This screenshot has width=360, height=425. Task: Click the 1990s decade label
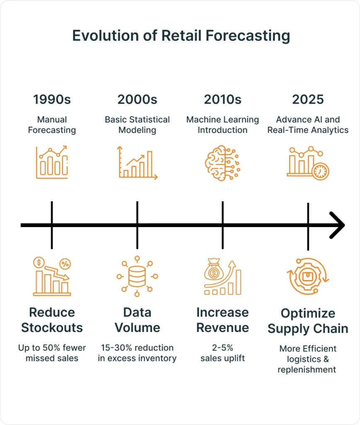[52, 100]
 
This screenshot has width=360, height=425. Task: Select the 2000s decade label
[137, 100]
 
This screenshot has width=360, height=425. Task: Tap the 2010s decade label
[223, 100]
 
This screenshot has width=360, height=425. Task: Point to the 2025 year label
[308, 100]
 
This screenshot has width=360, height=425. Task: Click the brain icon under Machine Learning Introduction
[222, 163]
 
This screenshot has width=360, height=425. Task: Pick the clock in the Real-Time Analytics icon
[320, 171]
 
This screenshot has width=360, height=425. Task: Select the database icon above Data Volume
[137, 276]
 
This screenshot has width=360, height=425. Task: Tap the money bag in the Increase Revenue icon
[214, 270]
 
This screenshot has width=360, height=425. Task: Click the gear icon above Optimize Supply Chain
[308, 276]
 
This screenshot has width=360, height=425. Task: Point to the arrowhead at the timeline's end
[338, 225]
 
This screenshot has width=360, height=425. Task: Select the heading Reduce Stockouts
[52, 320]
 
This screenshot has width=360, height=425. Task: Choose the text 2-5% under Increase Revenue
[223, 347]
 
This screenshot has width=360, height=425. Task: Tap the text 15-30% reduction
[137, 347]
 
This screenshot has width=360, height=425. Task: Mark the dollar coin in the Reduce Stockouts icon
[39, 262]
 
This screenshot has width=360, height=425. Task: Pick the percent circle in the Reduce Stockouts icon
[65, 264]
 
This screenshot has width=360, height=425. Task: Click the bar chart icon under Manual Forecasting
[52, 162]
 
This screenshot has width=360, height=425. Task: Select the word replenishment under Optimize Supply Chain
[306, 370]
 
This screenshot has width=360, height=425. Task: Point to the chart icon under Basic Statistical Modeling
[137, 163]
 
